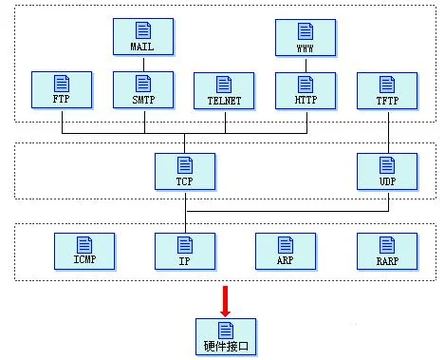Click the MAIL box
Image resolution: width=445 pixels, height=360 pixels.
click(x=143, y=37)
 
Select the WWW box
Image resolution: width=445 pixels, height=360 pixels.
click(x=306, y=38)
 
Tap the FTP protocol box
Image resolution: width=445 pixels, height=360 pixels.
click(x=62, y=90)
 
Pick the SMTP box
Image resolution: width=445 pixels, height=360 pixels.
click(x=143, y=90)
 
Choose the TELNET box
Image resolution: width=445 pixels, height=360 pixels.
click(x=224, y=91)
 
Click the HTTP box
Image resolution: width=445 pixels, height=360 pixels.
click(x=306, y=91)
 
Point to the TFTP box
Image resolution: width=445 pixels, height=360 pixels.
click(x=387, y=91)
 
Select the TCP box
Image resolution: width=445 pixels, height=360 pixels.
click(x=185, y=172)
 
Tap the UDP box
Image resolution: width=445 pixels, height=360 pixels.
click(x=387, y=172)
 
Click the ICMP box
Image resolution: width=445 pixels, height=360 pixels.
click(x=84, y=252)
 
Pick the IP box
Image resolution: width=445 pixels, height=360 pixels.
click(x=185, y=252)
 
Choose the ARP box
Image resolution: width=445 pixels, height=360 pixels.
click(x=286, y=252)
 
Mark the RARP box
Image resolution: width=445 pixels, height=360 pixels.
click(x=387, y=252)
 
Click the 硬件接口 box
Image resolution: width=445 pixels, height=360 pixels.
click(x=226, y=337)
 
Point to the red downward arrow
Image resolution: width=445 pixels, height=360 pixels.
click(x=225, y=301)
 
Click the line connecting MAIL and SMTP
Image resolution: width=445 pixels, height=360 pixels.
click(x=143, y=65)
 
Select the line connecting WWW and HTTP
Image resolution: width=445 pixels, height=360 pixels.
click(x=306, y=66)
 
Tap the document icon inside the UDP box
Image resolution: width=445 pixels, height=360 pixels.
click(x=387, y=164)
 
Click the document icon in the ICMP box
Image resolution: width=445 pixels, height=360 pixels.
click(x=84, y=245)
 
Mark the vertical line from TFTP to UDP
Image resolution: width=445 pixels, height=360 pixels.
click(x=389, y=132)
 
